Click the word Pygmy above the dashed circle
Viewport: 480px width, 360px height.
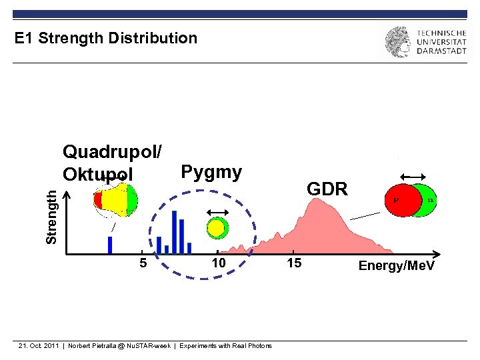[211, 172]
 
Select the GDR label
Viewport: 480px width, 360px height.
[327, 189]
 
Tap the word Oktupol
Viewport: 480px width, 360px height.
[97, 174]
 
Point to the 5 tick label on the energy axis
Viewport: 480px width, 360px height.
[143, 263]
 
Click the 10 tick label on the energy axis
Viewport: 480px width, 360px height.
[219, 263]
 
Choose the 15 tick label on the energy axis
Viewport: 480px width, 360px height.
[294, 263]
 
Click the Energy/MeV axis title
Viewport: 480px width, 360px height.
[396, 266]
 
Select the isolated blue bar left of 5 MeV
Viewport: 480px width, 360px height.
[110, 245]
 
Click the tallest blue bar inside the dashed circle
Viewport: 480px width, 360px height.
[174, 231]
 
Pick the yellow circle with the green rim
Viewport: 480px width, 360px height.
[216, 229]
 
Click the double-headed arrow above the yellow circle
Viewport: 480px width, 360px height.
[216, 212]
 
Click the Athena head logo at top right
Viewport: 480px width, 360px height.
[397, 42]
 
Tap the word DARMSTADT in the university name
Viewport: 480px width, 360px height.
[441, 52]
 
